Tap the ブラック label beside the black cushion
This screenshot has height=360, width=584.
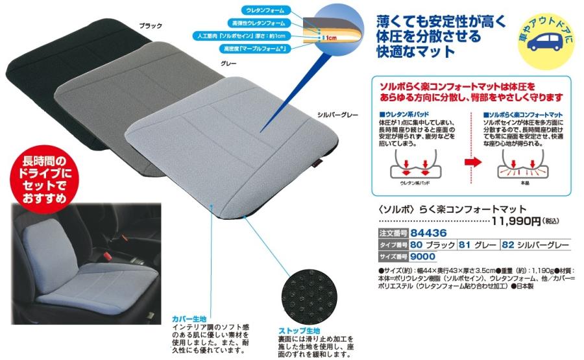(151, 26)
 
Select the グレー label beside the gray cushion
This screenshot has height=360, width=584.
(228, 64)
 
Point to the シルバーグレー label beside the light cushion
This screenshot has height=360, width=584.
(337, 115)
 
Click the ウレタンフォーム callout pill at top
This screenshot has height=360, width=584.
(265, 10)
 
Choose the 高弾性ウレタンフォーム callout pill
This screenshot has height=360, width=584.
(258, 23)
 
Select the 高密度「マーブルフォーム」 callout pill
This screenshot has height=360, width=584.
(254, 49)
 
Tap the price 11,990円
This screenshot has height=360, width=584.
(516, 221)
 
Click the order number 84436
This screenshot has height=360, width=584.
(428, 233)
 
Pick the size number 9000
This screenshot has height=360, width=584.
(422, 256)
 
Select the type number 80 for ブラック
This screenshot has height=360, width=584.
(417, 245)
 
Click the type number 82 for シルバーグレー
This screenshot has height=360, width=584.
(508, 245)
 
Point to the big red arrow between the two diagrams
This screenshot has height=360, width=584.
(473, 162)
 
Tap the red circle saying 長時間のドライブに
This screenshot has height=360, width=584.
(44, 180)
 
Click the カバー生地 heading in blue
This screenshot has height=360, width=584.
(189, 319)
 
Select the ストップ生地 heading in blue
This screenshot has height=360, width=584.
(299, 331)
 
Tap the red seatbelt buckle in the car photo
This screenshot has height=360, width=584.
(108, 256)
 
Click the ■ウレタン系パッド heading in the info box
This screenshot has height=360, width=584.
(404, 114)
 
